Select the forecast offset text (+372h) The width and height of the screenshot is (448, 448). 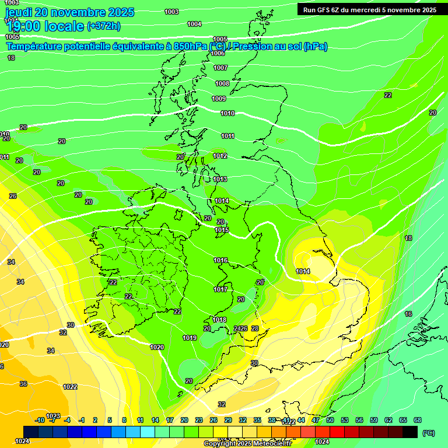pyautogui.click(x=104, y=26)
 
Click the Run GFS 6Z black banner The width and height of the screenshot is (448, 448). pyautogui.click(x=369, y=9)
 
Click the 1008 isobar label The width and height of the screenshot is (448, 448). pyautogui.click(x=222, y=83)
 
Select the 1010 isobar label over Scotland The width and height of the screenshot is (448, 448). pyautogui.click(x=228, y=113)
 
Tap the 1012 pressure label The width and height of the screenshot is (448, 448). pyautogui.click(x=220, y=156)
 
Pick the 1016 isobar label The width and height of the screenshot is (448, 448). pyautogui.click(x=220, y=260)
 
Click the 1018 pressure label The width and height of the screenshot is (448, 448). pyautogui.click(x=219, y=320)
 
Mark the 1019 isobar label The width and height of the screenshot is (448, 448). pyautogui.click(x=190, y=338)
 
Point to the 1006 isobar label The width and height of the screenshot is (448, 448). pyautogui.click(x=218, y=53)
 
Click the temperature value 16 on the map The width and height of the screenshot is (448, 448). pyautogui.click(x=408, y=314)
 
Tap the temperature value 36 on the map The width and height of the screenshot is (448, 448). pyautogui.click(x=23, y=384)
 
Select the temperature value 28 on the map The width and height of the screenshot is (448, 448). pyautogui.click(x=255, y=328)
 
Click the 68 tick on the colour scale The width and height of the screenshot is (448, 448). pyautogui.click(x=418, y=420)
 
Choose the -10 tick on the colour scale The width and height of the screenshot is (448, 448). pyautogui.click(x=40, y=420)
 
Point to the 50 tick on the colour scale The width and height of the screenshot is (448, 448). pyautogui.click(x=330, y=420)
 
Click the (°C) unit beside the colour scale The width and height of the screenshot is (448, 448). pyautogui.click(x=428, y=432)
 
